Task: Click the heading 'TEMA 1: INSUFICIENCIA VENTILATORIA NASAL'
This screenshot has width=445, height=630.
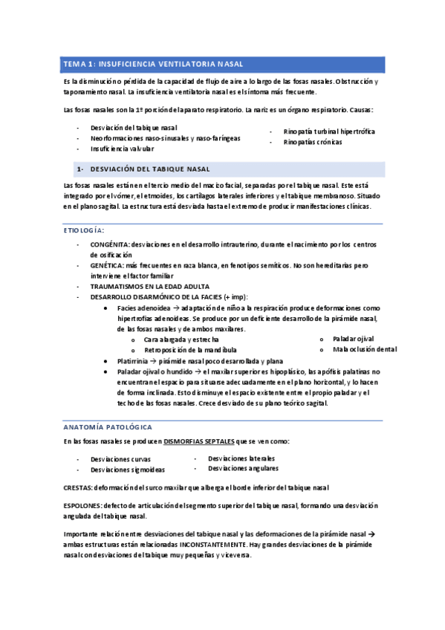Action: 152,65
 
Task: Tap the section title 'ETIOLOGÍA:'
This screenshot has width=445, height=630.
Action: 84,231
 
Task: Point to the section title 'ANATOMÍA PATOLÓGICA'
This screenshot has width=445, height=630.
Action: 108,427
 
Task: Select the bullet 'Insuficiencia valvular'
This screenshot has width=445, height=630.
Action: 127,148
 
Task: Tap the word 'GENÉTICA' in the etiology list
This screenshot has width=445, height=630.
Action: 107,264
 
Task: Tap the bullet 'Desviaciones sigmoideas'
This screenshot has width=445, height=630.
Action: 128,470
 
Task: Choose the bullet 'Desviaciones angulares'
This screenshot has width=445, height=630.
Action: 243,468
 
